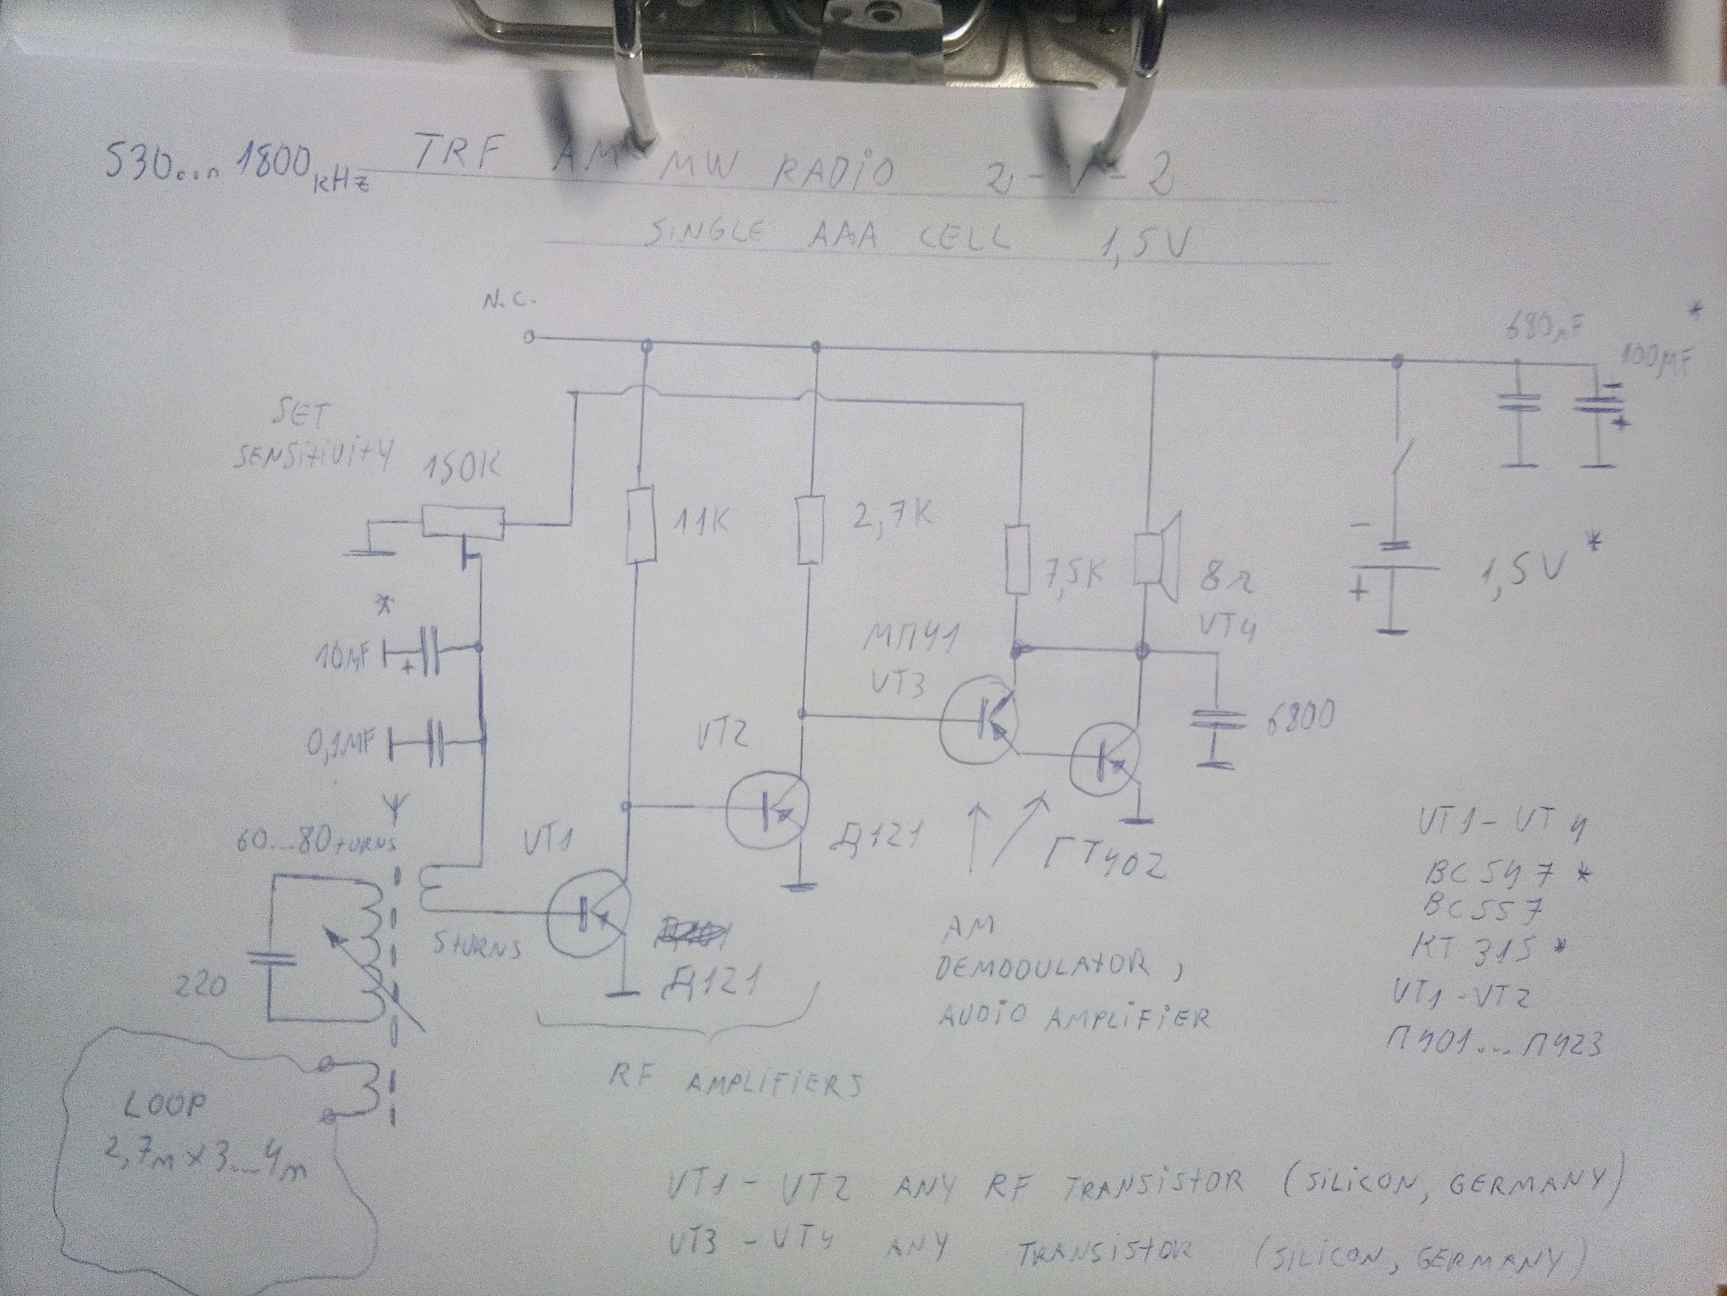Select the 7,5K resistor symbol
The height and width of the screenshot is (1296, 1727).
1017,560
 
